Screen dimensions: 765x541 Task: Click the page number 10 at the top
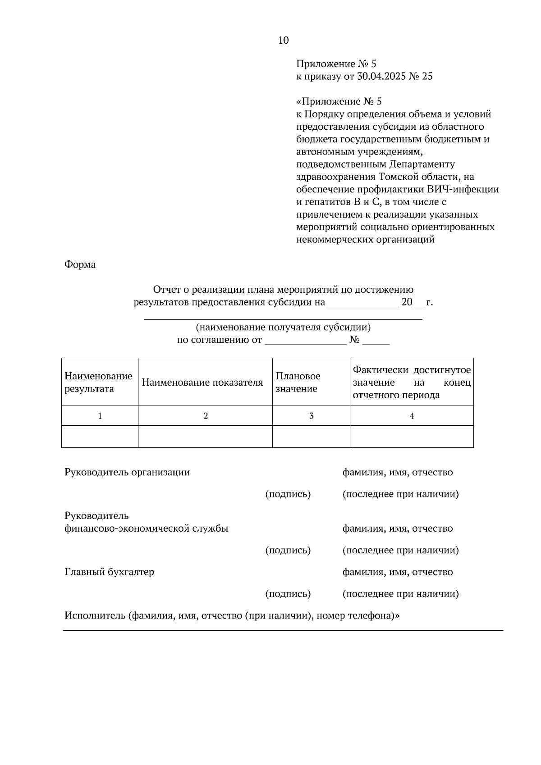click(283, 40)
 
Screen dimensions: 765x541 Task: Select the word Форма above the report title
click(80, 264)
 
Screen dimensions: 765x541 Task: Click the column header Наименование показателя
click(202, 382)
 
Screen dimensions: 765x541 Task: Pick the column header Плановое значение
click(298, 382)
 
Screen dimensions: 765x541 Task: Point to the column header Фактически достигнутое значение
click(411, 382)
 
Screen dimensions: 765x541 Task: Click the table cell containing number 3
click(311, 416)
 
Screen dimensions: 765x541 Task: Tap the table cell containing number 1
click(100, 416)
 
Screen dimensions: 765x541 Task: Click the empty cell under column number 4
click(411, 437)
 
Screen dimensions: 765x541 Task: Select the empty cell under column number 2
click(205, 437)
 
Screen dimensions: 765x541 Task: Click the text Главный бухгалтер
click(109, 572)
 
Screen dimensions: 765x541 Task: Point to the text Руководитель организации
click(127, 473)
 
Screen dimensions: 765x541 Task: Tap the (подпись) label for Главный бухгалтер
click(288, 594)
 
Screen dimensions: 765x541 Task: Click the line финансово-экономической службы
click(146, 528)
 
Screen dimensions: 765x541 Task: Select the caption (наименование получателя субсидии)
click(283, 328)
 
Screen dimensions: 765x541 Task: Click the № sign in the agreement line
click(354, 340)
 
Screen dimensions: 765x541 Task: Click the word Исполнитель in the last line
click(94, 615)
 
